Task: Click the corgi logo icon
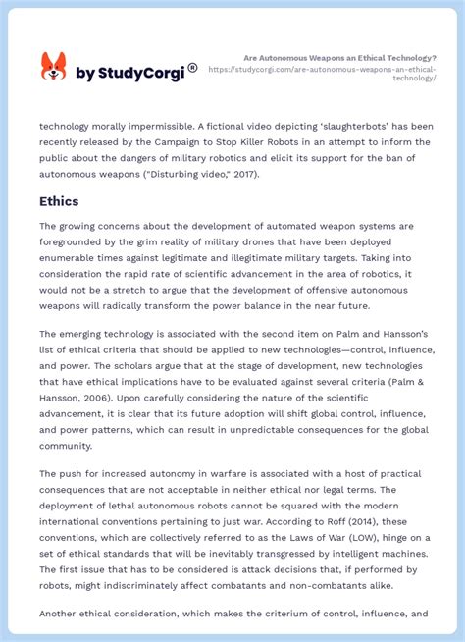pos(53,67)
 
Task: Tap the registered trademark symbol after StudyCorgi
pos(192,68)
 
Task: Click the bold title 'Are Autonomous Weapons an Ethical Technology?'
pos(339,58)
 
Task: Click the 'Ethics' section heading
pos(59,201)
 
